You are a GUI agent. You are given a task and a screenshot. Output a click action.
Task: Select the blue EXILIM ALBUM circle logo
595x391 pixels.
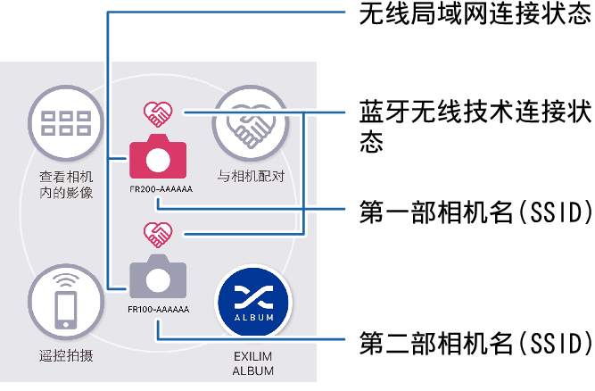pyautogui.click(x=255, y=301)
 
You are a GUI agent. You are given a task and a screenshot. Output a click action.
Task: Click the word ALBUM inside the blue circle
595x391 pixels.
pyautogui.click(x=255, y=314)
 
